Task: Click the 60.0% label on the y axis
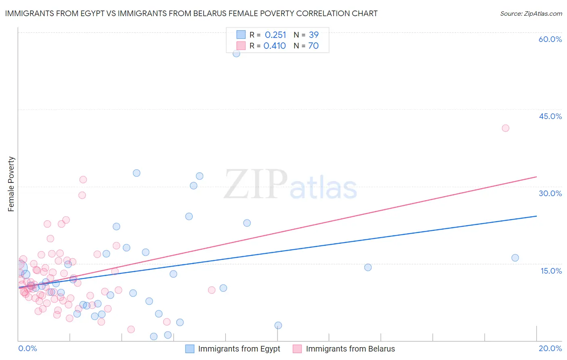click(550, 39)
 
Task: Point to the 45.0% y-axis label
click(550, 116)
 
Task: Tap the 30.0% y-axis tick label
click(550, 193)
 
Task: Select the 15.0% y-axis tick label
click(551, 271)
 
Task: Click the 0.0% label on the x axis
click(27, 348)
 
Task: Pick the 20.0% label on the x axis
click(550, 348)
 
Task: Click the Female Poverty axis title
click(11, 184)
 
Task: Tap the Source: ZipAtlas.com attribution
click(531, 13)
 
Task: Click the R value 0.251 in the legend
click(275, 35)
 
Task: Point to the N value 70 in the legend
click(313, 46)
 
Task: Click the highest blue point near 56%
click(236, 53)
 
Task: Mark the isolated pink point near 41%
click(505, 128)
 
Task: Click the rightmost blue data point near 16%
click(515, 258)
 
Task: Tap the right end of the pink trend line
click(537, 177)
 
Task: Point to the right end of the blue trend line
click(537, 216)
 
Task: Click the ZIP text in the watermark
click(256, 184)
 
